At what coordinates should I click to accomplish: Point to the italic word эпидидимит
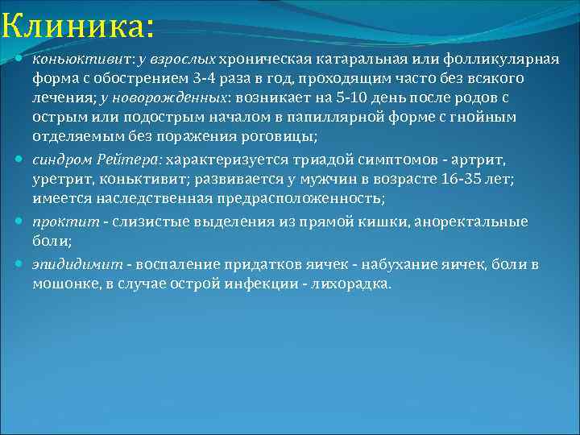click(x=77, y=264)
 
